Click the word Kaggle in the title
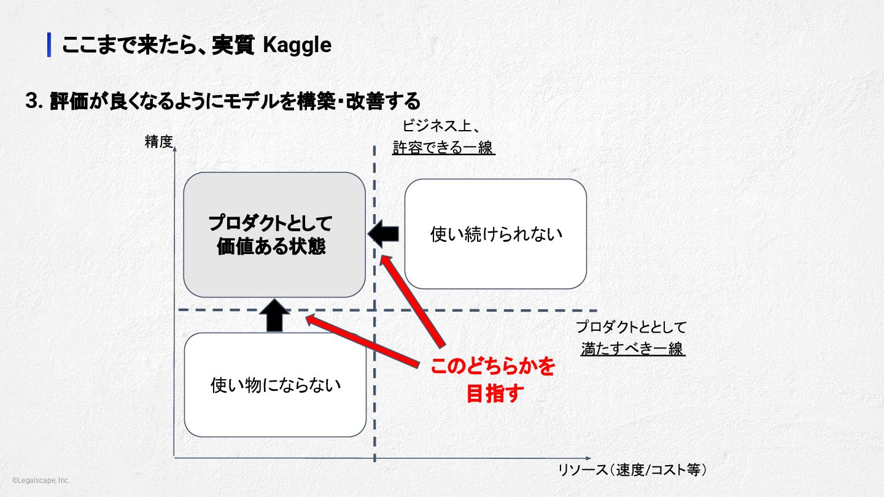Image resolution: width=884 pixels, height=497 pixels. coord(297,45)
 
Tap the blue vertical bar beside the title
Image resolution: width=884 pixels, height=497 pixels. coord(49,45)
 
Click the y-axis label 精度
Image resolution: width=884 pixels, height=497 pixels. coord(159,142)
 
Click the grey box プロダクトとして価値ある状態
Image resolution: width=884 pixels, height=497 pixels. coord(274,234)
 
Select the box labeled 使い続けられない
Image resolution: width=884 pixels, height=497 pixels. coord(495,234)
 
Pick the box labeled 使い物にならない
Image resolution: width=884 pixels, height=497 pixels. coord(275,385)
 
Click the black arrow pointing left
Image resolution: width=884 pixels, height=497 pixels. coord(384,234)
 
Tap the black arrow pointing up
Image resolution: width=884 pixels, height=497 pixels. coord(274,315)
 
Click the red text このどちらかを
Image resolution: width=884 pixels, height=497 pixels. coord(492,367)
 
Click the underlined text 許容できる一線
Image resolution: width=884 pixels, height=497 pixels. coord(443,148)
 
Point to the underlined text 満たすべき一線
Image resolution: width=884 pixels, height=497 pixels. coord(632,349)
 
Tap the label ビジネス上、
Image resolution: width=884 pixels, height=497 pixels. coord(440,126)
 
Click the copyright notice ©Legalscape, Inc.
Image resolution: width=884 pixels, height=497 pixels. coord(41,480)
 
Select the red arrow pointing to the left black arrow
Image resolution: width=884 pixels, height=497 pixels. coord(413,301)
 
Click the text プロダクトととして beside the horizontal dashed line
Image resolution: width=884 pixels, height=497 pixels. coord(631,327)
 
